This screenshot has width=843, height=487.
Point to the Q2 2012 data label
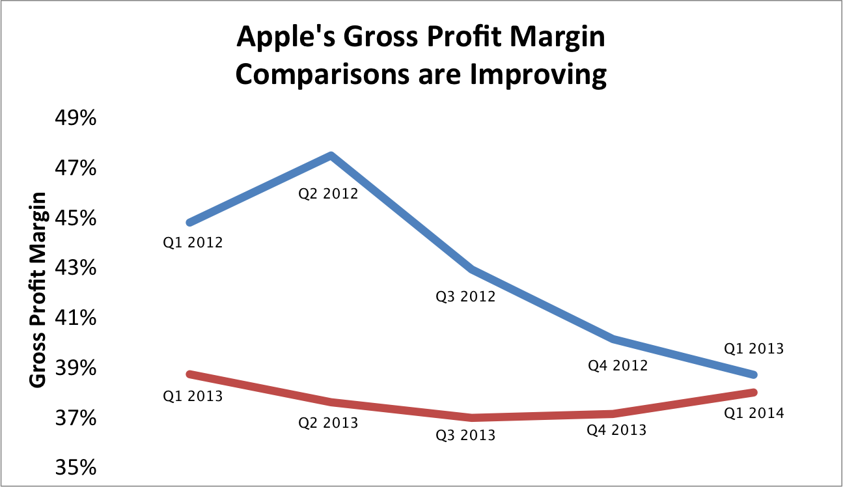coord(328,193)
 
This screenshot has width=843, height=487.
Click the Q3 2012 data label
coord(465,297)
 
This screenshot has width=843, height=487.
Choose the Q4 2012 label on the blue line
coord(618,365)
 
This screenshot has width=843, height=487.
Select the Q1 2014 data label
coord(754,413)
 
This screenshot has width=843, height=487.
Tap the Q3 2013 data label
coord(465,435)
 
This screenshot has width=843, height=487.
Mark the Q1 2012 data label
coord(193,244)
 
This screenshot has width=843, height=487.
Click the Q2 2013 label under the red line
coord(328,423)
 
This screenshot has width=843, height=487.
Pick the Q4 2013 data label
coord(616,430)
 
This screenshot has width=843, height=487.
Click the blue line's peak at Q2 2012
coord(331,156)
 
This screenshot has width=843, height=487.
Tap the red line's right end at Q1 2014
coord(753,392)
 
